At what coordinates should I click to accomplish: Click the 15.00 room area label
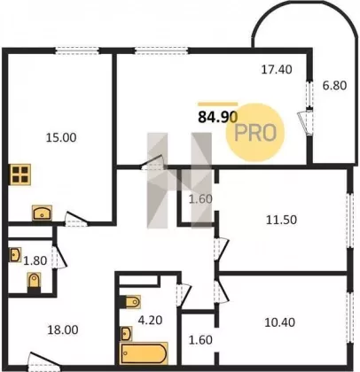click(61, 137)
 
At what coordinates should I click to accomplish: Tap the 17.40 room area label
click(277, 70)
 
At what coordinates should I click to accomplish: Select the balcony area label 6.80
click(334, 86)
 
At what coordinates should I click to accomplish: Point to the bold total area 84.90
click(218, 117)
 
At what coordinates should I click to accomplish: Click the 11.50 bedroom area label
click(281, 220)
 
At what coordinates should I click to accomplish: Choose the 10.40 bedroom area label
click(279, 322)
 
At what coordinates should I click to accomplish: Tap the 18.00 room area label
click(63, 329)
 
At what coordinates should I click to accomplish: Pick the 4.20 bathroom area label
click(151, 320)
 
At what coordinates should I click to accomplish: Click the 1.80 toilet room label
click(35, 260)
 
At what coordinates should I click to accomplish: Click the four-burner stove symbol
click(20, 174)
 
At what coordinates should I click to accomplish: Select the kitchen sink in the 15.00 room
click(42, 213)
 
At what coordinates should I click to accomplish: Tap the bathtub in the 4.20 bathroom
click(144, 353)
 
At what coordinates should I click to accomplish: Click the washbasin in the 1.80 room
click(15, 255)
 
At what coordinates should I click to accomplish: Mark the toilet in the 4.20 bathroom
click(130, 302)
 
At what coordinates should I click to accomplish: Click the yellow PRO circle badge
click(255, 132)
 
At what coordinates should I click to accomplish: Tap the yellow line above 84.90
click(218, 104)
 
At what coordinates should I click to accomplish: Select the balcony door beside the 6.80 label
click(305, 122)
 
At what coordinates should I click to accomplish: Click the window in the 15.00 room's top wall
click(77, 51)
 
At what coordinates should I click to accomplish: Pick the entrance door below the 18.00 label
click(44, 361)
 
